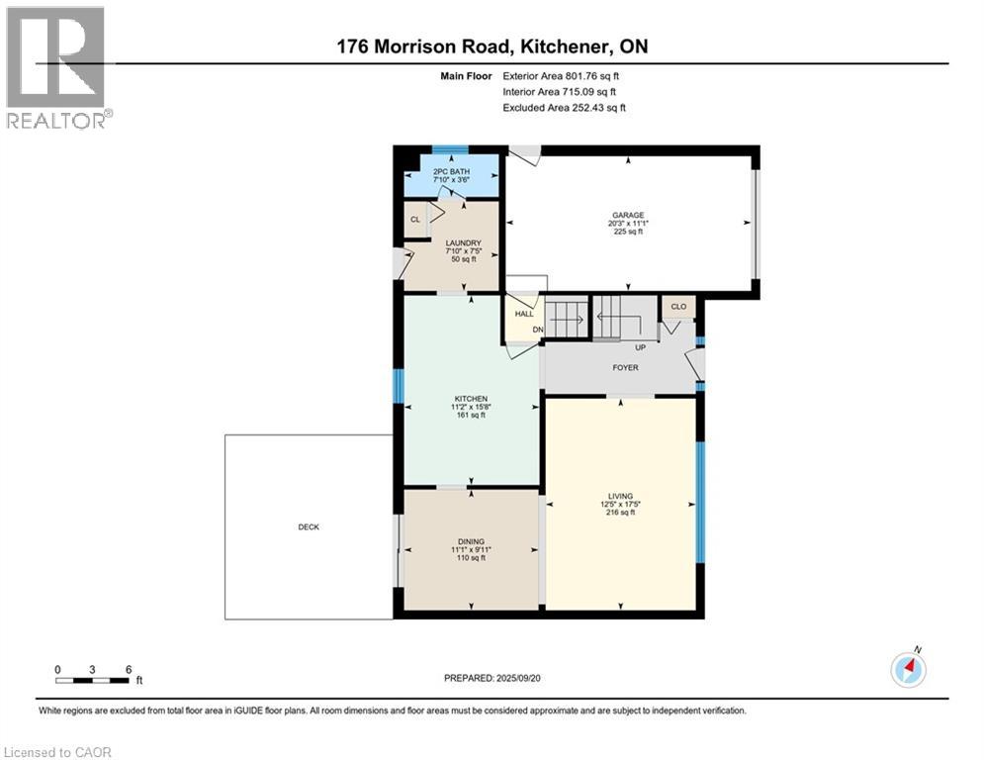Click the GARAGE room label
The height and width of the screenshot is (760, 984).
(628, 215)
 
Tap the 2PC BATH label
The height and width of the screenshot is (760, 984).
(451, 171)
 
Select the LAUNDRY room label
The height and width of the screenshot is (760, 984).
(463, 243)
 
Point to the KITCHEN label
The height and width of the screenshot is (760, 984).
(471, 399)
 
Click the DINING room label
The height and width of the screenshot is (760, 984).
(471, 541)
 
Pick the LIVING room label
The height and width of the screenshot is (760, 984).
(620, 496)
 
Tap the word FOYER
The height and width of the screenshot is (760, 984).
(625, 367)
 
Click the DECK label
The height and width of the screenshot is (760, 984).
(309, 527)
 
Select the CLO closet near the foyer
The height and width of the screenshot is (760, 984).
(678, 307)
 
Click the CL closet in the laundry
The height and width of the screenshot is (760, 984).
(414, 220)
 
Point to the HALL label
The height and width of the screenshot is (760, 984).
(524, 314)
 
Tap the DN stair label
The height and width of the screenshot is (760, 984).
(538, 330)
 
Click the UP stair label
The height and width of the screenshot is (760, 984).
(640, 347)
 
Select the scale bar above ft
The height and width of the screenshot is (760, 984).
(92, 680)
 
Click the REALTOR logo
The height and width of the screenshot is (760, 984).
(58, 67)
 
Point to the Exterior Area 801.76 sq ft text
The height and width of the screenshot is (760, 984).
(561, 76)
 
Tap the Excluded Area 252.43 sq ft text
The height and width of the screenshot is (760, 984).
(564, 108)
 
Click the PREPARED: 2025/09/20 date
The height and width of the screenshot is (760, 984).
(492, 678)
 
